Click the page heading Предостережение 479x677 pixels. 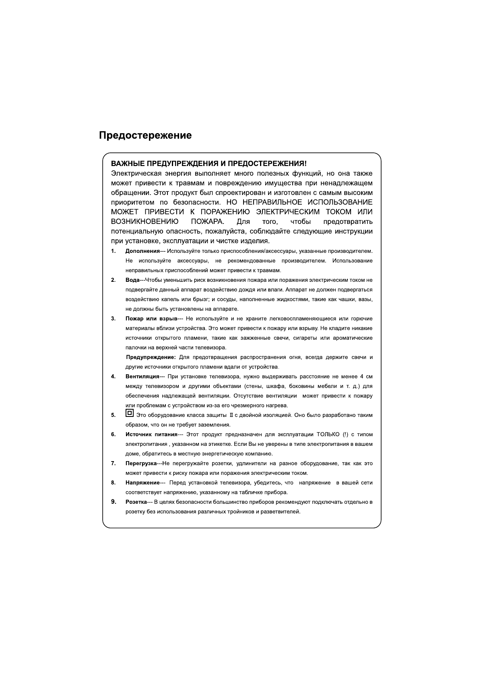[145, 135]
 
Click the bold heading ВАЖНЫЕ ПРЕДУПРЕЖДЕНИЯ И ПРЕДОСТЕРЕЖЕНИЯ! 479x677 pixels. [209, 164]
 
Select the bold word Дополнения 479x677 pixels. [142, 251]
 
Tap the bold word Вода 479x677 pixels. [132, 280]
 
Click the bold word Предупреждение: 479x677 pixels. [151, 357]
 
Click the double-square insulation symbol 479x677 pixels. [129, 413]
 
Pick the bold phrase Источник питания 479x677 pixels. [151, 435]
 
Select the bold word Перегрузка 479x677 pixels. [141, 464]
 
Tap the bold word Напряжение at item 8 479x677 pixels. [142, 483]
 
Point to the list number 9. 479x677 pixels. [114, 502]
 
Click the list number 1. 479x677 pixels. [114, 251]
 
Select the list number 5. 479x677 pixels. [114, 415]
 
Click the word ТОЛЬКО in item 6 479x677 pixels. [328, 435]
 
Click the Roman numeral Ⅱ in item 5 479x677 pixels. [231, 415]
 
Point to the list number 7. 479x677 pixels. [114, 464]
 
